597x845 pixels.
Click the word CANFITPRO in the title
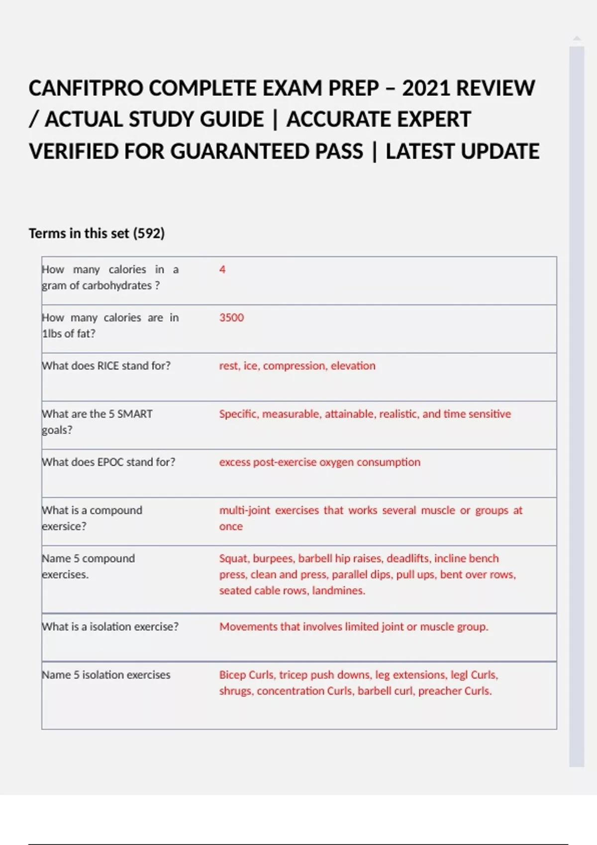[x=86, y=88]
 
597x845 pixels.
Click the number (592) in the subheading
[x=149, y=233]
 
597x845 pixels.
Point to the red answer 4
[x=222, y=269]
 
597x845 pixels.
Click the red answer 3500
[x=231, y=318]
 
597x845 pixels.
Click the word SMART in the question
[x=135, y=414]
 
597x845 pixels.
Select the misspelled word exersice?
[x=64, y=526]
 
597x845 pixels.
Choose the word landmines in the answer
[x=338, y=591]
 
